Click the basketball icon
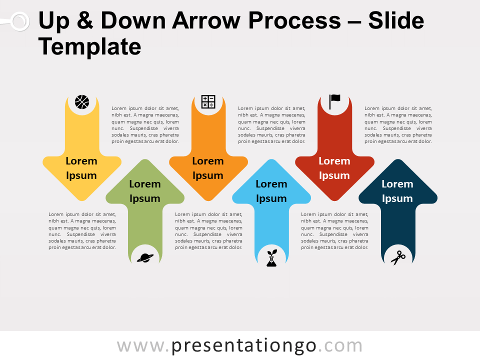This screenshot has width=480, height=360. [x=82, y=102]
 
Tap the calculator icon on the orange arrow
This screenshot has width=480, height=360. [x=208, y=101]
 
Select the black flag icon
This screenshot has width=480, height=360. [x=334, y=101]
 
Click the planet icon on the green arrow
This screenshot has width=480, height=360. [x=145, y=258]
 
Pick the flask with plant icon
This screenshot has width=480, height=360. [x=271, y=258]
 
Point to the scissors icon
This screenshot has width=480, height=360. [x=398, y=258]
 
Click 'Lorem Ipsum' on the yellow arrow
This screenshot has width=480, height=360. [x=81, y=168]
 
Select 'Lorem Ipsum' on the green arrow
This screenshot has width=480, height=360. [x=145, y=191]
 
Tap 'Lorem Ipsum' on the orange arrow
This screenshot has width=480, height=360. [x=208, y=168]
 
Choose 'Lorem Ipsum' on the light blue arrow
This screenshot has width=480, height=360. [x=271, y=191]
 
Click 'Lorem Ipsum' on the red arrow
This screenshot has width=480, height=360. [x=334, y=168]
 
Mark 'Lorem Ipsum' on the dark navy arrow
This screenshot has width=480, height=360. [x=397, y=191]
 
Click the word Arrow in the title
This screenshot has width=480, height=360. [x=206, y=21]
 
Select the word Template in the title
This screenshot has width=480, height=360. [x=89, y=47]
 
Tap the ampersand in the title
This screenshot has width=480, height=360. [x=85, y=20]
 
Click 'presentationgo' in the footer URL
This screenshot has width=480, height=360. [x=243, y=346]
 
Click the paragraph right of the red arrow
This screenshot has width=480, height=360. [x=398, y=125]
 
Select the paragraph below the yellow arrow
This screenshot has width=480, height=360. [x=82, y=231]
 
